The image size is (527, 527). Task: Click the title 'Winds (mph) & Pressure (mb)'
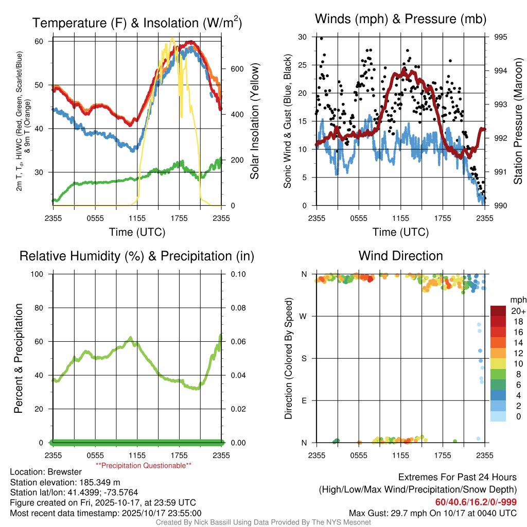(400, 19)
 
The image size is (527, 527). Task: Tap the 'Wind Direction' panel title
(400, 256)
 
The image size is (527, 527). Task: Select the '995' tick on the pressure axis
(500, 37)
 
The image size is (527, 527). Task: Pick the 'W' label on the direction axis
(304, 316)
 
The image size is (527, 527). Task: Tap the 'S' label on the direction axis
(304, 358)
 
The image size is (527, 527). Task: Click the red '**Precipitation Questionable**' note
(144, 465)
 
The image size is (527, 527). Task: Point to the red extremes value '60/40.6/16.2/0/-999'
(476, 502)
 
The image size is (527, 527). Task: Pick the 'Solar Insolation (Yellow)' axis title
(254, 121)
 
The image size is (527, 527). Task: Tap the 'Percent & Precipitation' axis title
(19, 358)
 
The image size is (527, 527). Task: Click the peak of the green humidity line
(131, 338)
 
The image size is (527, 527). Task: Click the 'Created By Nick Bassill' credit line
(263, 522)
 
